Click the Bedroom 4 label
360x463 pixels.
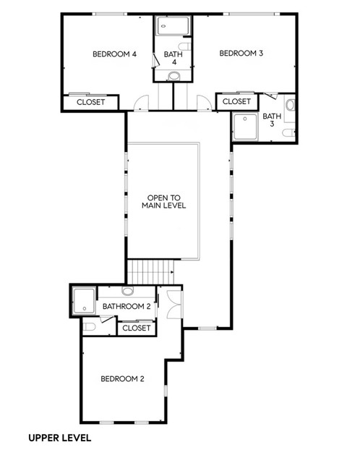(114, 54)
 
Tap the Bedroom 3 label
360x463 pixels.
(241, 53)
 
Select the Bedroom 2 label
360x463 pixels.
(122, 378)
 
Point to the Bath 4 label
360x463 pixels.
(173, 58)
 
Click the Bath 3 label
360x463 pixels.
(272, 120)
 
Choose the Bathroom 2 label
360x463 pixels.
(127, 306)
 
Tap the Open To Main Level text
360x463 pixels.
(164, 202)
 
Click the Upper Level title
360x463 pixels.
(60, 438)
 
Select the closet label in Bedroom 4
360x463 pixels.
(90, 102)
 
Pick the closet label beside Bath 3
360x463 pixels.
(236, 101)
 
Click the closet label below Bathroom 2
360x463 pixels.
(137, 328)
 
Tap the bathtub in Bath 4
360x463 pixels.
(173, 26)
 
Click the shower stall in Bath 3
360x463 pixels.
(245, 127)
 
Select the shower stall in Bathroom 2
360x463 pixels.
(84, 301)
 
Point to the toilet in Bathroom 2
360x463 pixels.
(89, 327)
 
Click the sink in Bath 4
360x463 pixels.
(174, 76)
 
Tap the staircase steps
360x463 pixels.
(150, 272)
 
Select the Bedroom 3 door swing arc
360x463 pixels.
(204, 102)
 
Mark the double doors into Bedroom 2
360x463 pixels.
(174, 305)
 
